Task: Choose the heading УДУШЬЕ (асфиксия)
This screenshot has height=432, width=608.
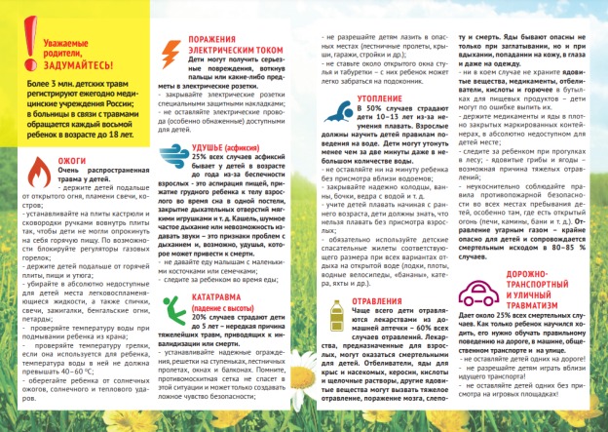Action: click(x=235, y=146)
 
